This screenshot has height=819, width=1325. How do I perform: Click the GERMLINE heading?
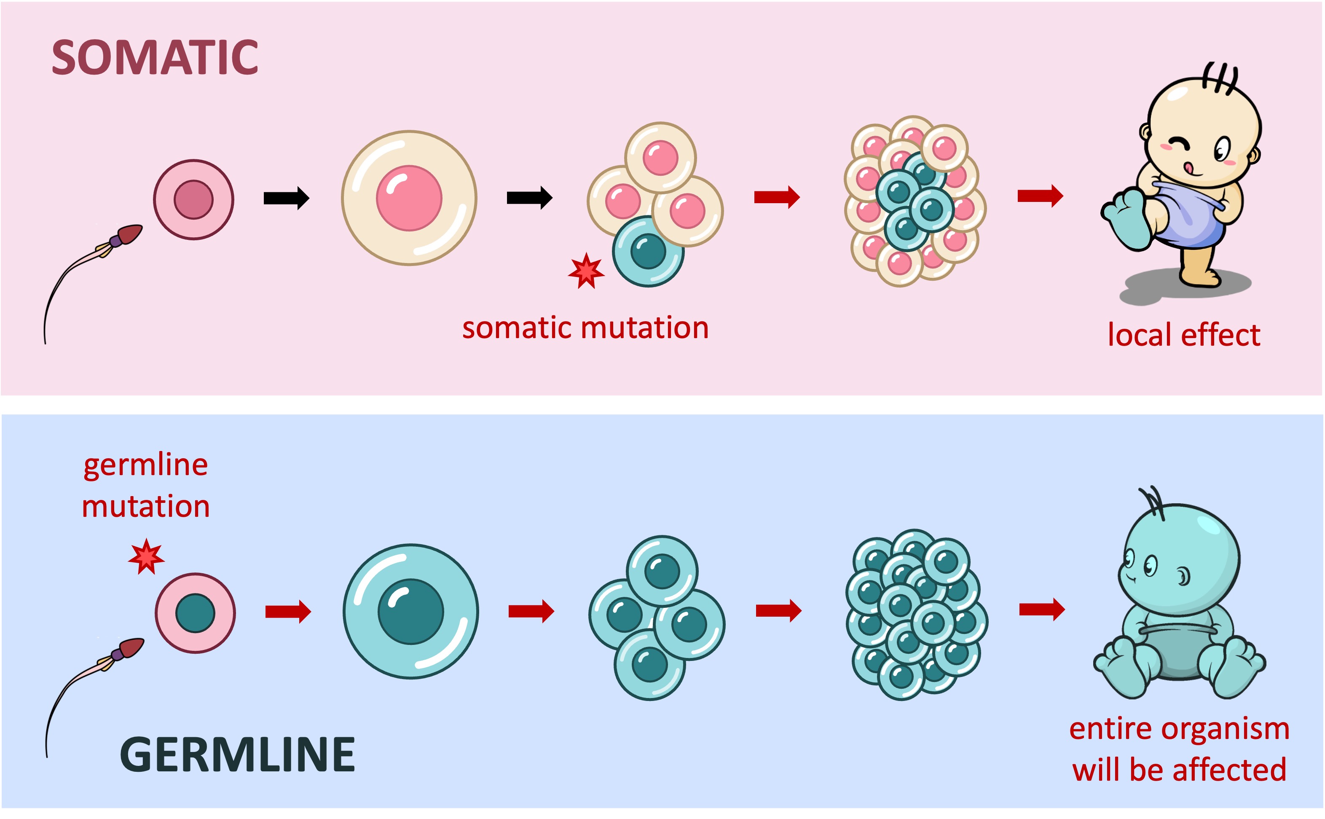[237, 755]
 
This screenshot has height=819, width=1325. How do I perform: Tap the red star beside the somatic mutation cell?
[586, 271]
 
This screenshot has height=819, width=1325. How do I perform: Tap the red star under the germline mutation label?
[146, 557]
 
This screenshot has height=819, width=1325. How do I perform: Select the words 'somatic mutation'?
[585, 328]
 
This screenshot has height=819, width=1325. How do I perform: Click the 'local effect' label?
[1184, 335]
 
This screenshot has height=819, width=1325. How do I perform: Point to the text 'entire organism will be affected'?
[1179, 749]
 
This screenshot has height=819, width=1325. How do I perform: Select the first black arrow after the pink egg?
[286, 198]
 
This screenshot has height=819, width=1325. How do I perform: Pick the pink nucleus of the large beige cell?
[409, 198]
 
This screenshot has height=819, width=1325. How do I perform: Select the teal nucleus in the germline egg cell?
[196, 613]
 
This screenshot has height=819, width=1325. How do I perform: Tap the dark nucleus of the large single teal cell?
[410, 612]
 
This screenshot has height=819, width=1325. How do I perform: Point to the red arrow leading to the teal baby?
[1041, 610]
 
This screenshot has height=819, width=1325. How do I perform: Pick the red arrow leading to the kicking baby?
[1040, 196]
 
